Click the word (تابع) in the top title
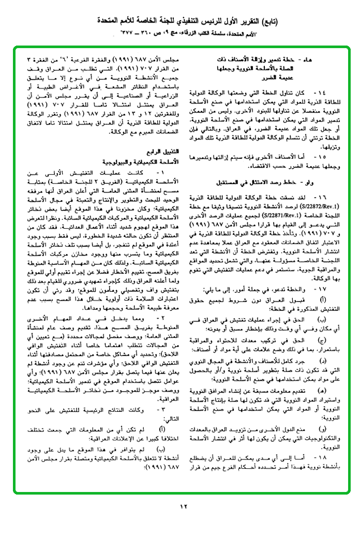[x=266, y=21]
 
